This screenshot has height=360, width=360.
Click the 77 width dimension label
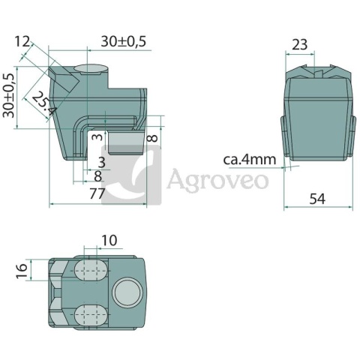point(97,193)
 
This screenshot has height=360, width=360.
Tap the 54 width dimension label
point(317,199)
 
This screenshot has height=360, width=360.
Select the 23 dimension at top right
point(299,45)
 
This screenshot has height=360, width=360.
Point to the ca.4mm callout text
point(250,160)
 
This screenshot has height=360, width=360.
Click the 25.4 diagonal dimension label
point(43,103)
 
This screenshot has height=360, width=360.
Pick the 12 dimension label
point(22,41)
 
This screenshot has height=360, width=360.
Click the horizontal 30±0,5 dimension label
point(123,41)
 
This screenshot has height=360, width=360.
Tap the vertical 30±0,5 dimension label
point(8,95)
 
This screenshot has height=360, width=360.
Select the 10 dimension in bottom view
point(109,240)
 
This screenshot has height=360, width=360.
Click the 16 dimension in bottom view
point(22,271)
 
